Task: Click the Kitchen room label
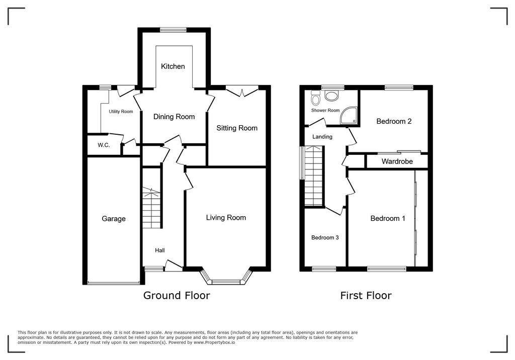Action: point(173,66)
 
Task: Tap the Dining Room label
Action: point(174,117)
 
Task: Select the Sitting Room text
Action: point(237,128)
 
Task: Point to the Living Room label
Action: point(226,218)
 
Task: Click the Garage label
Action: point(114,219)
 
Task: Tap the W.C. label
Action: point(104,145)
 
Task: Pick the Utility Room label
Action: point(121,112)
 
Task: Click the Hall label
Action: point(159,250)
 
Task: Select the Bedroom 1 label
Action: point(388,218)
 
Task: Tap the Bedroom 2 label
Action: point(394,121)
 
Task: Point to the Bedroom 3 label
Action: point(324,238)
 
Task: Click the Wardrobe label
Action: point(397,162)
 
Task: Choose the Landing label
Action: point(322,137)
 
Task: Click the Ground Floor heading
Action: point(177,295)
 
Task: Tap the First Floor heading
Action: point(366,295)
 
